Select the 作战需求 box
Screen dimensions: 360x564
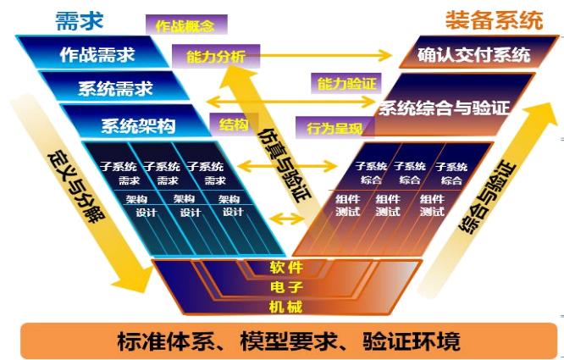click(x=97, y=55)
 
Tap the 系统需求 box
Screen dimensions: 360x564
click(x=114, y=88)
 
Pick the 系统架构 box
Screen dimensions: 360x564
click(x=137, y=126)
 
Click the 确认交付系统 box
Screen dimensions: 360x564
click(x=473, y=55)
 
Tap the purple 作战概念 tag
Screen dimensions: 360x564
click(x=184, y=25)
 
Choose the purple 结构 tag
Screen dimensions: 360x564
click(x=234, y=124)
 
